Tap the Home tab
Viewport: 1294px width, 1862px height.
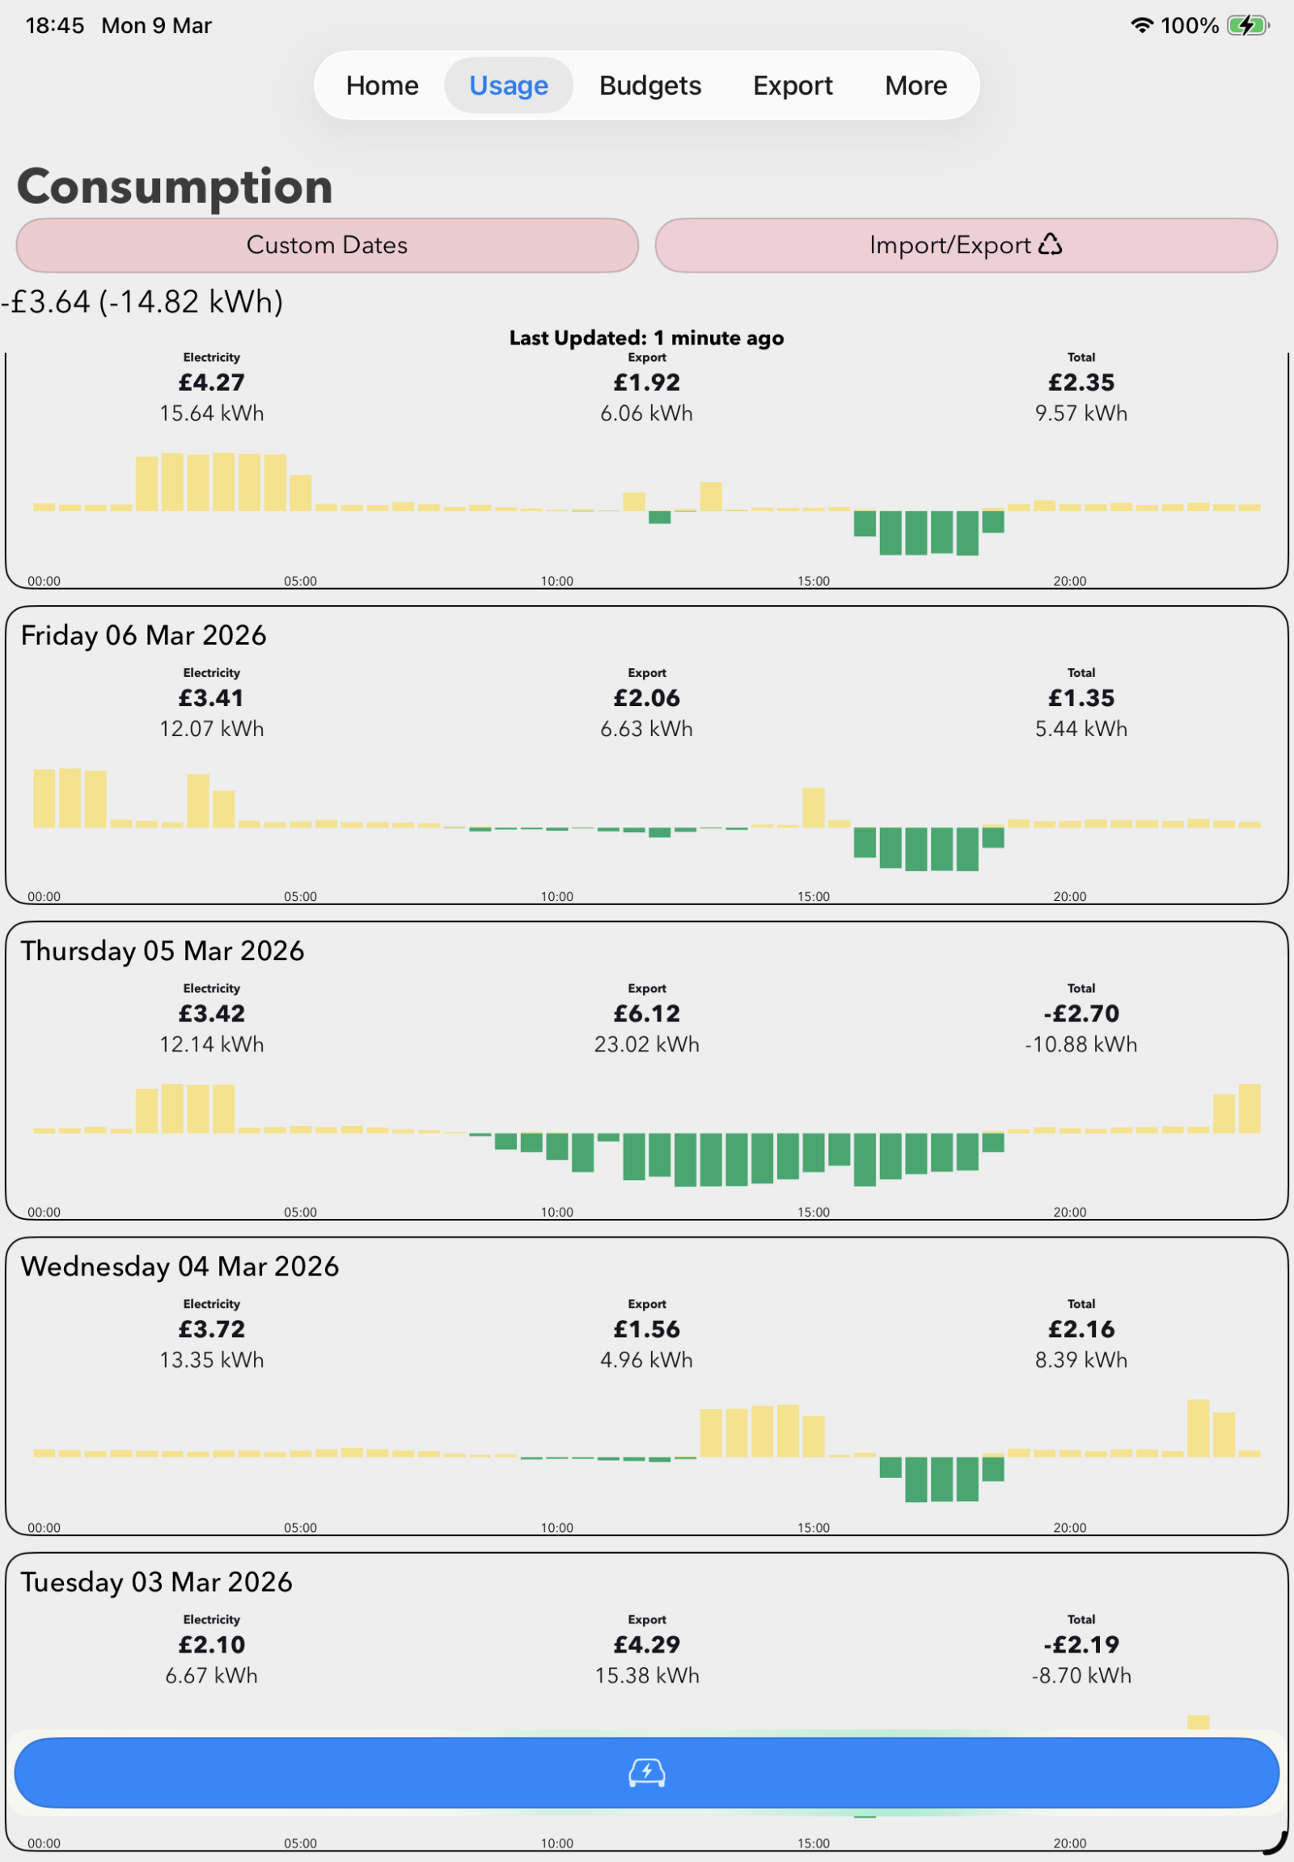coord(382,85)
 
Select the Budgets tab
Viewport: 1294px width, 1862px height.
coord(649,85)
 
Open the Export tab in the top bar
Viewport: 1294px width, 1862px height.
coord(792,85)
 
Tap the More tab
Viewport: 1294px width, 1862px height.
coord(916,85)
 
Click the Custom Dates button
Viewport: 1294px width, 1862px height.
coord(327,245)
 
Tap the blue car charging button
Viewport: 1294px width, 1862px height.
coord(646,1772)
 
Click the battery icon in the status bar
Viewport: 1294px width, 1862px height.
coord(1247,26)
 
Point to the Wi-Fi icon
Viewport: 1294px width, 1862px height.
coord(1142,26)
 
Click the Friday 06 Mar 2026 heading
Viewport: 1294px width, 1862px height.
coord(143,635)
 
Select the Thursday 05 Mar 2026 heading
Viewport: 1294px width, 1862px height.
coord(163,950)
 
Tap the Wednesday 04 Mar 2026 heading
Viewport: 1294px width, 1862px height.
coord(180,1266)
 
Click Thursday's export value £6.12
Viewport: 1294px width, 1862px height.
coord(646,1013)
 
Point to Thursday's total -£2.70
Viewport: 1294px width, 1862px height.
coord(1080,1013)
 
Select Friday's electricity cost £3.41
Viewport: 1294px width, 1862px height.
coord(211,697)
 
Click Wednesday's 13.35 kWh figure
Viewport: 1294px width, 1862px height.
coord(211,1359)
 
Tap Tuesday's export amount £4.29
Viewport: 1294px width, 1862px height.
coord(646,1644)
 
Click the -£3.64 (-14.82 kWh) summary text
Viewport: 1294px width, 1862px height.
coord(142,302)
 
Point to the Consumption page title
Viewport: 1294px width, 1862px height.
coord(175,186)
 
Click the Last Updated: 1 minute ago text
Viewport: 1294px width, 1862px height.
coord(646,337)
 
